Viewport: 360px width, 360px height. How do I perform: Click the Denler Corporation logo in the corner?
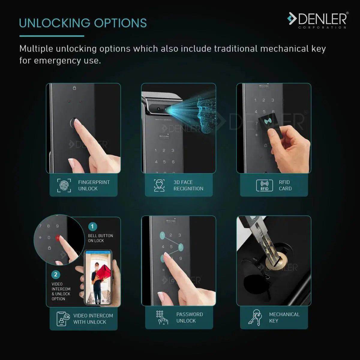pos(317,20)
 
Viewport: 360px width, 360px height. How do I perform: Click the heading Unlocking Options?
pos(83,23)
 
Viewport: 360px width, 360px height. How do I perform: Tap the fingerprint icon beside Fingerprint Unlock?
pos(64,185)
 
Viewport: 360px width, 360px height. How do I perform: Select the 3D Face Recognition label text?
pos(188,185)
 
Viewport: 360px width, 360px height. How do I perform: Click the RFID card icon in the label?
pos(264,185)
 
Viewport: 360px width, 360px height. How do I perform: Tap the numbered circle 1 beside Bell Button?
pos(92,226)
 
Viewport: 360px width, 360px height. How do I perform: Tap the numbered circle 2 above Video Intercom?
pos(55,274)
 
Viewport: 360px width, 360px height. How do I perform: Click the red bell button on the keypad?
pos(57,238)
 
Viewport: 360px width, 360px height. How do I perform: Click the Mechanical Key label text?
pos(284,317)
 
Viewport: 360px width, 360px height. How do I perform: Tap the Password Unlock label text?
pos(189,317)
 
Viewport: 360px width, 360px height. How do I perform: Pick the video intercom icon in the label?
pos(63,319)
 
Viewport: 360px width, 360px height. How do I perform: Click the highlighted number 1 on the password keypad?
pos(162,235)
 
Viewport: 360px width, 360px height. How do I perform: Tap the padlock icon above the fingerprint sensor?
pos(74,88)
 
